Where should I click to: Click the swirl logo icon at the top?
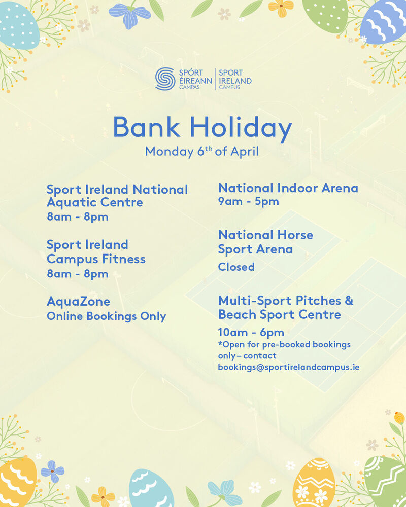click(x=165, y=79)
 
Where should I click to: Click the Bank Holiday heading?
click(x=202, y=128)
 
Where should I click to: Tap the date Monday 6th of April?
click(x=201, y=151)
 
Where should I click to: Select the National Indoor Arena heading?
click(x=288, y=188)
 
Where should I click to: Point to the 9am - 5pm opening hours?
click(x=249, y=201)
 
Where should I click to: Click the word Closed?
click(x=236, y=267)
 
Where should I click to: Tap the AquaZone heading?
click(x=78, y=301)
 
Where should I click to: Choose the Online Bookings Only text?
click(x=106, y=316)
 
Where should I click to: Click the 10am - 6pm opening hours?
click(x=251, y=333)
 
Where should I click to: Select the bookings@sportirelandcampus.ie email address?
click(x=288, y=367)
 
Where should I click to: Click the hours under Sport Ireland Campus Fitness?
click(x=78, y=274)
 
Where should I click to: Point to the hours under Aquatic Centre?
click(x=78, y=216)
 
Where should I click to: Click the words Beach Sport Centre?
click(x=280, y=315)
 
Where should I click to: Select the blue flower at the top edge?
click(x=129, y=14)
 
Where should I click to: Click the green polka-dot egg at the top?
click(x=325, y=15)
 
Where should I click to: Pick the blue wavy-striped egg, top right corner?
click(x=384, y=21)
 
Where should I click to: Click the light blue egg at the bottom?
click(x=151, y=489)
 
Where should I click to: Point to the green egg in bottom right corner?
click(x=386, y=482)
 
